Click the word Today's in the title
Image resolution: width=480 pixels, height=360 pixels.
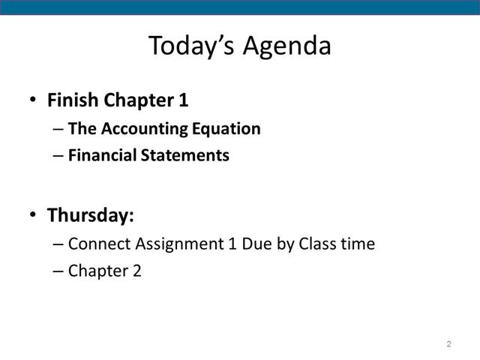click(192, 46)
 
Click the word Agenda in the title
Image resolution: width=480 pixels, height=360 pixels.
click(287, 46)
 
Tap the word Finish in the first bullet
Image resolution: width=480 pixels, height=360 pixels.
click(73, 100)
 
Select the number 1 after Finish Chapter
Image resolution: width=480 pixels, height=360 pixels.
click(183, 100)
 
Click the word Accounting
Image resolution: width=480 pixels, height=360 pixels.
click(144, 129)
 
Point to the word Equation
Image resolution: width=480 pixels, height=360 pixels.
click(226, 129)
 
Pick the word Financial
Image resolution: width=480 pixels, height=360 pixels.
click(102, 155)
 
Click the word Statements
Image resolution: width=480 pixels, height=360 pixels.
click(185, 155)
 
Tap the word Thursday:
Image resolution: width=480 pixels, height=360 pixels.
click(91, 215)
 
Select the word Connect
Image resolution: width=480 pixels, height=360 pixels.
click(100, 244)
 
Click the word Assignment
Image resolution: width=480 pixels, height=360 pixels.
click(180, 244)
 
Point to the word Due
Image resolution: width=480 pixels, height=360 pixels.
click(256, 244)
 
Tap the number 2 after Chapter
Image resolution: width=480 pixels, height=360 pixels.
click(137, 271)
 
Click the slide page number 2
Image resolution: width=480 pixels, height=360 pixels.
click(448, 343)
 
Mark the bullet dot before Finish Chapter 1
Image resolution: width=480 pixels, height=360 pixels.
click(33, 100)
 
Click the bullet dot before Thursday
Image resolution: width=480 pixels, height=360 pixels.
click(33, 214)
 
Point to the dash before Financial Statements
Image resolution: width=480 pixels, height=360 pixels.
click(58, 156)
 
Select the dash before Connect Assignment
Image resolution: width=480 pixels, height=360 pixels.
click(58, 244)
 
